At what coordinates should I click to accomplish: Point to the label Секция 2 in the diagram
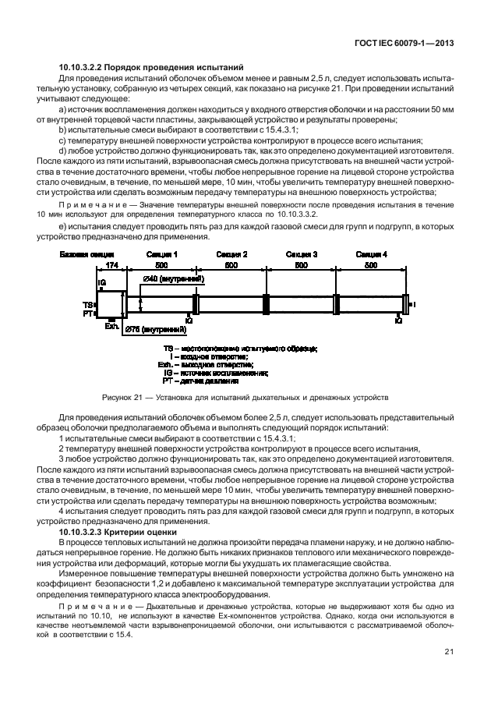coord(231,254)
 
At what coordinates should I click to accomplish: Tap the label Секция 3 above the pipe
coord(302,254)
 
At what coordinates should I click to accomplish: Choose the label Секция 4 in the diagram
coord(371,254)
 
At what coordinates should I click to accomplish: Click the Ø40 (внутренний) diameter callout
coord(174,278)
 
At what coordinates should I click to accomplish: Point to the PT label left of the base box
coord(88,313)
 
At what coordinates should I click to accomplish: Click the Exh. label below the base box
coord(111,326)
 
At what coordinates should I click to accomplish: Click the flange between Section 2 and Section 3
coord(267,304)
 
